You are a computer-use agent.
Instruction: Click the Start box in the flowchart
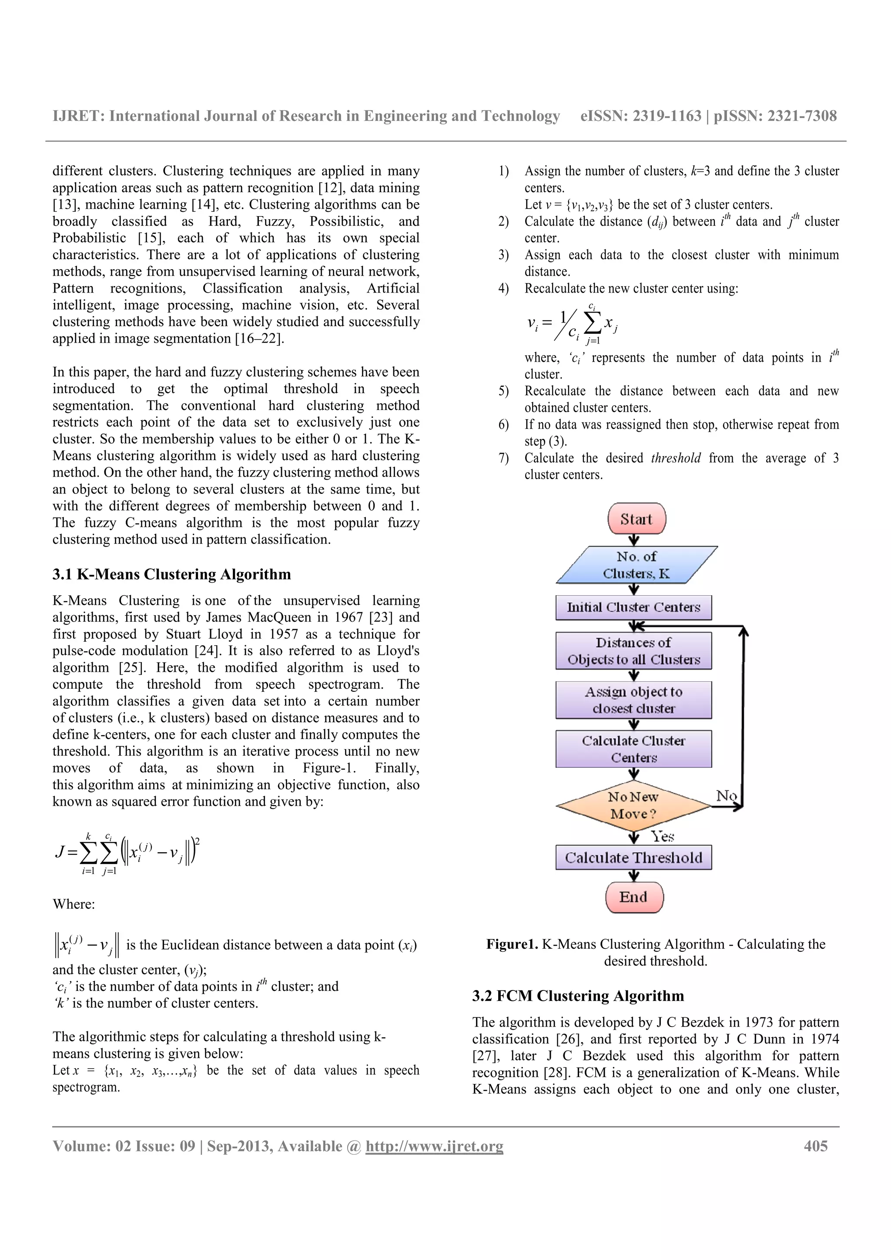[636, 519]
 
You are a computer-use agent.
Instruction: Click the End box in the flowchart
[634, 897]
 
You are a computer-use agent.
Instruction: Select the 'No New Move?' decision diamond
[633, 806]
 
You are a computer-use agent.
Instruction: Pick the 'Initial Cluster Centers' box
[633, 607]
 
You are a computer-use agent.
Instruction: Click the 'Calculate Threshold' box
[633, 857]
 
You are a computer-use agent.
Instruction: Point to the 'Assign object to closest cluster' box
[633, 700]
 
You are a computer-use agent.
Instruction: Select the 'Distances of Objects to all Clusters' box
[633, 651]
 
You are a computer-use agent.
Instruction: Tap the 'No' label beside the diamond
[726, 795]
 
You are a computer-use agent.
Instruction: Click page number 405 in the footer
[815, 1146]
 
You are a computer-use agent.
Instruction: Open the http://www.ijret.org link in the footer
[434, 1146]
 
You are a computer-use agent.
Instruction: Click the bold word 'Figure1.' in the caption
[512, 944]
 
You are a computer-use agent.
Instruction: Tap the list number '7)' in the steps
[503, 458]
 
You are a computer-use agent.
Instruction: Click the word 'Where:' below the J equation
[74, 904]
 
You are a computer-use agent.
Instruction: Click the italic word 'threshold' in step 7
[676, 458]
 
